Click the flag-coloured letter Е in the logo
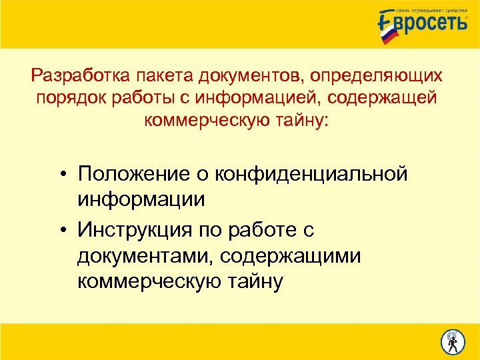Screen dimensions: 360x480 click(x=387, y=27)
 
